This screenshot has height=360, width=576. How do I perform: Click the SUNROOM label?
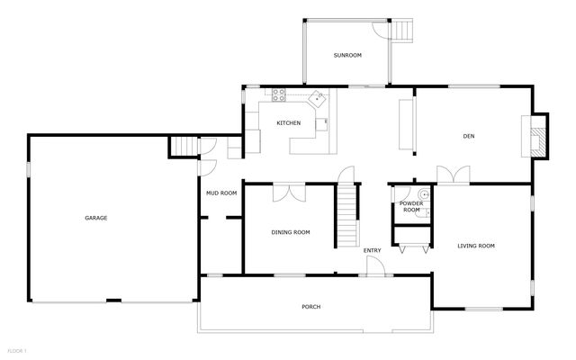[x=347, y=56]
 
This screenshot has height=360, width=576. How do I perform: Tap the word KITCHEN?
[x=288, y=123]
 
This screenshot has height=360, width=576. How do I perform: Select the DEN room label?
[x=468, y=137]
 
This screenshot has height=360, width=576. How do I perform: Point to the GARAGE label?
[x=96, y=218]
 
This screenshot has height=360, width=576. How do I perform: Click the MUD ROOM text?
[x=221, y=193]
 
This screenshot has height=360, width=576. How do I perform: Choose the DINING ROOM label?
[x=291, y=232]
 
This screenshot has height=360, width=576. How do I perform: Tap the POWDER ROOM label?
[x=411, y=207]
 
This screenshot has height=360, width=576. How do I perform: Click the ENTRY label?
[x=372, y=250]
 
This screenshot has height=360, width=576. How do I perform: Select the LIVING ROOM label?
[x=476, y=246]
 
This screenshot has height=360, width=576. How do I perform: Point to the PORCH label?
[x=310, y=307]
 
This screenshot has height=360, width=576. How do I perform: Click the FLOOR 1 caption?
[x=17, y=349]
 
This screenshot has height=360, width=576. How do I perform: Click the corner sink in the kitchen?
[x=317, y=97]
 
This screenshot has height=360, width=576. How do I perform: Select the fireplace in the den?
[x=536, y=137]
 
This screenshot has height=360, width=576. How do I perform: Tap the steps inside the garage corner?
[x=184, y=147]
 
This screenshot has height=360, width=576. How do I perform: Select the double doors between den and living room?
[x=453, y=174]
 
